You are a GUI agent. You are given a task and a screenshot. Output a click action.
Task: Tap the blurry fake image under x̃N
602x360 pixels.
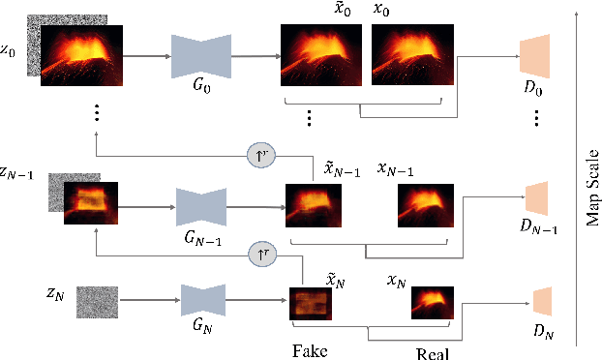pyautogui.click(x=310, y=302)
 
